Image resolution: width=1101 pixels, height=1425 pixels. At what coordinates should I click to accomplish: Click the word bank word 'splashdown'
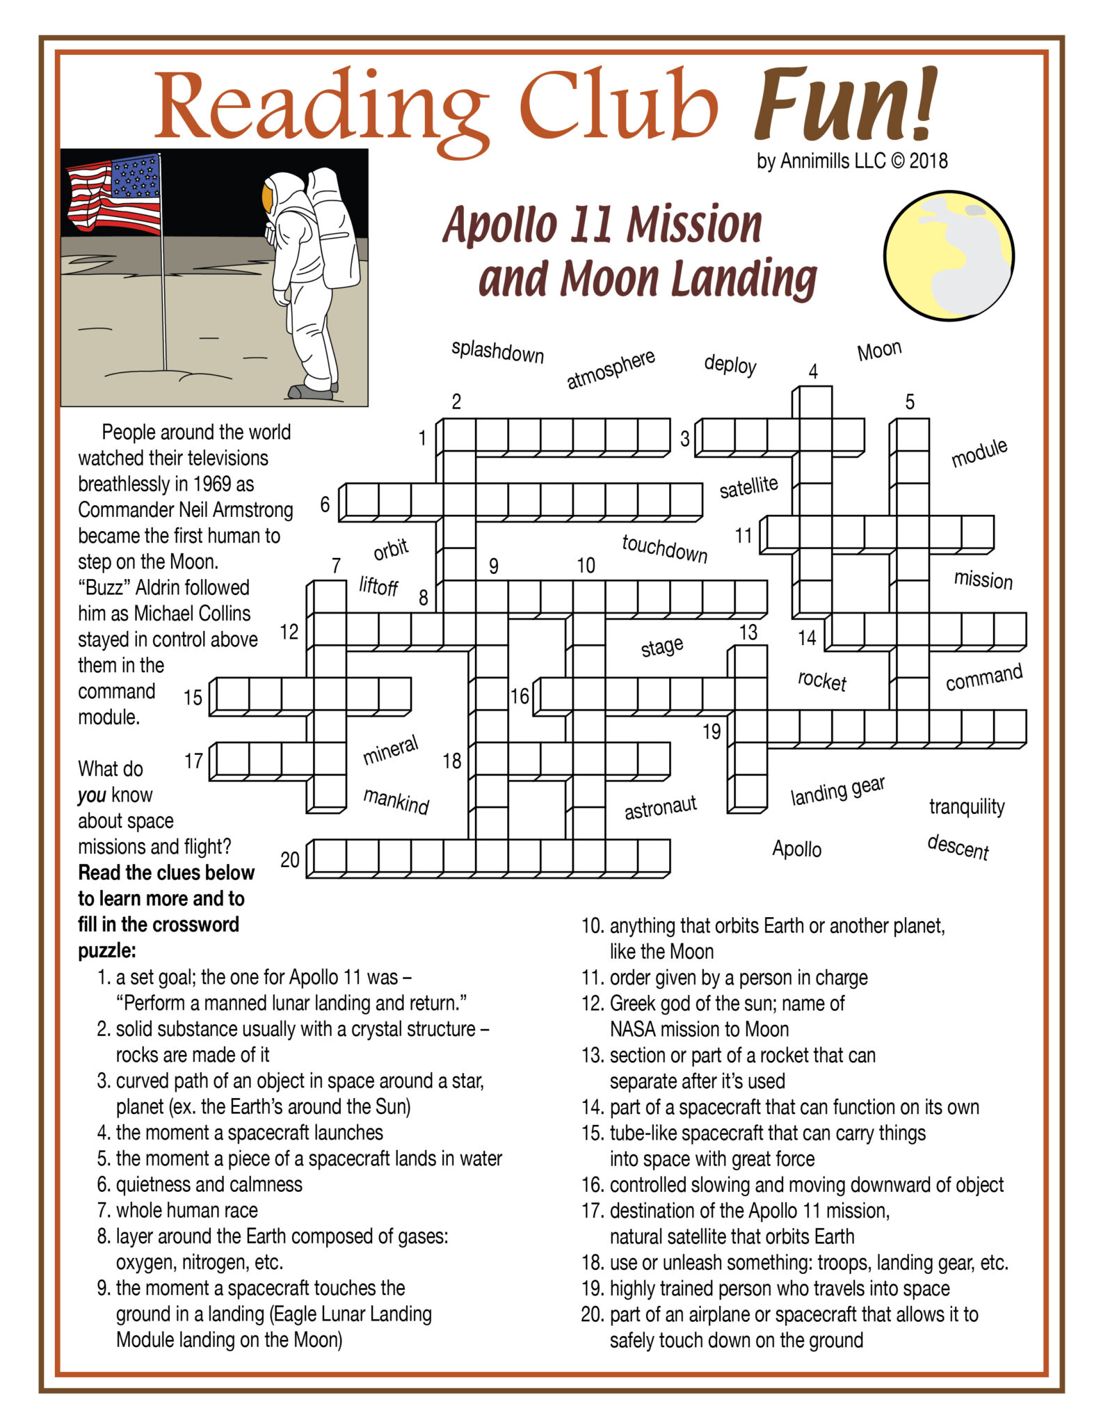pos(497,351)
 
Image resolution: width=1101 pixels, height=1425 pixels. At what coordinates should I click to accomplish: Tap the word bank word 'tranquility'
pos(966,806)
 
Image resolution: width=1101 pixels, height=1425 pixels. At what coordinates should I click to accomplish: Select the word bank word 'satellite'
pos(748,486)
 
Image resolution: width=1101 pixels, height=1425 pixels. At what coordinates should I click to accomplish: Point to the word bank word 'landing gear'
pos(837,791)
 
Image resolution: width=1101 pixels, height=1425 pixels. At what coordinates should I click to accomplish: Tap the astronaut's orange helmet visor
pos(267,198)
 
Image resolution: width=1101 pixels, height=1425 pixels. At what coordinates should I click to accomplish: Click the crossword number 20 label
pos(289,860)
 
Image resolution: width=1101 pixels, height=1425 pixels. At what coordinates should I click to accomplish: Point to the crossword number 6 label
pos(324,504)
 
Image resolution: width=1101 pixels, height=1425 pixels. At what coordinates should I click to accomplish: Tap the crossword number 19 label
pos(711,731)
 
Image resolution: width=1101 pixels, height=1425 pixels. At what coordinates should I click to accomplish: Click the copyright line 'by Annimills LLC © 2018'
pos(851,161)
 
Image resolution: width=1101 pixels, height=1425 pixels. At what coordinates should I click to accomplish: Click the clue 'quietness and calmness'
pos(209,1184)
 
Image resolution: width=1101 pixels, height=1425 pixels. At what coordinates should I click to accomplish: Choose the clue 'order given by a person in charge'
pos(738,978)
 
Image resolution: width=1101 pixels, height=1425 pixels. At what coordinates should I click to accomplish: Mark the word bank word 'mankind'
pos(396,801)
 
